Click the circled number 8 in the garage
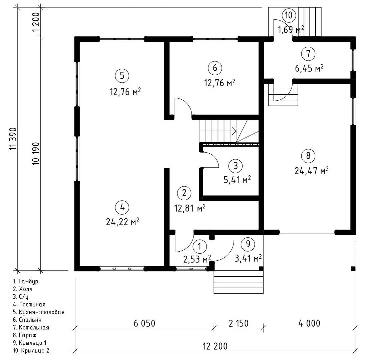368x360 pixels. tap(308, 156)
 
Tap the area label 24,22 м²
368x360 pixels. tap(122, 222)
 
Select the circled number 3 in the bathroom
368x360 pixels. tap(236, 166)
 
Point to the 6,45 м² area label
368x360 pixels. tap(309, 68)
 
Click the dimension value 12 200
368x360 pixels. tap(215, 346)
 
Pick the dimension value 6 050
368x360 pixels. tap(144, 323)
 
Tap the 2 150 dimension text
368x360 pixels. tap(239, 323)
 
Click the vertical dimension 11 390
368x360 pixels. tap(13, 139)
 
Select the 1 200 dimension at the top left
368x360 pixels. tap(36, 23)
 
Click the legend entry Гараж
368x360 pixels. tap(25, 335)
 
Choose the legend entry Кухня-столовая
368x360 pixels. tap(38, 312)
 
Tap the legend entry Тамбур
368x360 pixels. tap(26, 281)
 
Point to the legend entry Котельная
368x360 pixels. tap(31, 328)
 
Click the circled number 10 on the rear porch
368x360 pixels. tap(289, 15)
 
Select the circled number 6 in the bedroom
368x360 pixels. tap(215, 68)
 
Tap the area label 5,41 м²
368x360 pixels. tap(237, 180)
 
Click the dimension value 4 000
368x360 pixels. tap(309, 323)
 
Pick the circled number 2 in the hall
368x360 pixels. tap(184, 193)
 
